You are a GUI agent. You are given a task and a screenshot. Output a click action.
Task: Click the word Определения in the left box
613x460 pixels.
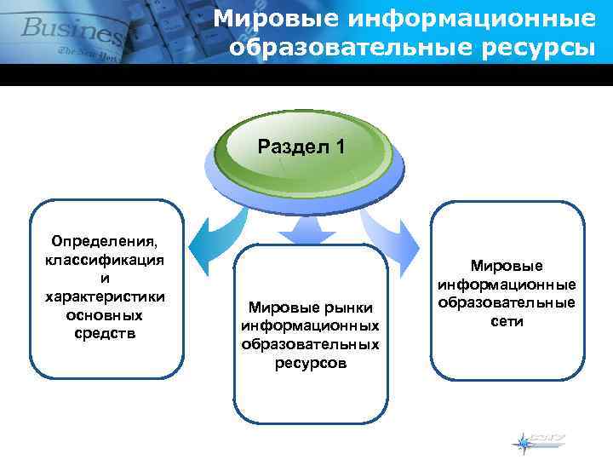[105, 242]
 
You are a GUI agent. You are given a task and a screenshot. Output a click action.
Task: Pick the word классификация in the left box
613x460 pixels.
[105, 260]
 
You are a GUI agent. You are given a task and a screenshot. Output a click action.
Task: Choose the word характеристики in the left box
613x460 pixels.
[105, 296]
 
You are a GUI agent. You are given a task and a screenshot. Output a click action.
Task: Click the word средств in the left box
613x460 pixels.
[105, 332]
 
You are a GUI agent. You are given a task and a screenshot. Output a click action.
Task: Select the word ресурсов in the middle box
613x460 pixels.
[311, 363]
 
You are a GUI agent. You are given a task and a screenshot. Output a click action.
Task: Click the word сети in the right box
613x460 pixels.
[507, 321]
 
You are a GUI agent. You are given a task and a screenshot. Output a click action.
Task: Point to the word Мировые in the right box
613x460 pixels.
[507, 266]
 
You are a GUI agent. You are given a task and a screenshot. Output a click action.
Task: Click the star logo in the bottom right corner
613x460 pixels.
[523, 442]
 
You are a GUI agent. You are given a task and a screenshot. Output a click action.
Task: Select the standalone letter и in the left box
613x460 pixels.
[105, 278]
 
